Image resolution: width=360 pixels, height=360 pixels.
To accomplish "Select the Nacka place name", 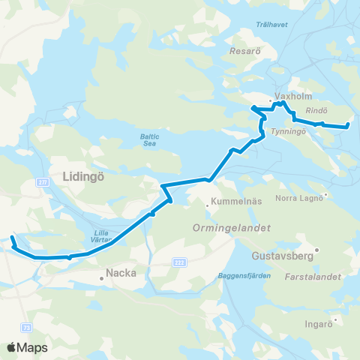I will [121, 273].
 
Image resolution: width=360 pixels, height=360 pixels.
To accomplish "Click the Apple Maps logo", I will [28, 347].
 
